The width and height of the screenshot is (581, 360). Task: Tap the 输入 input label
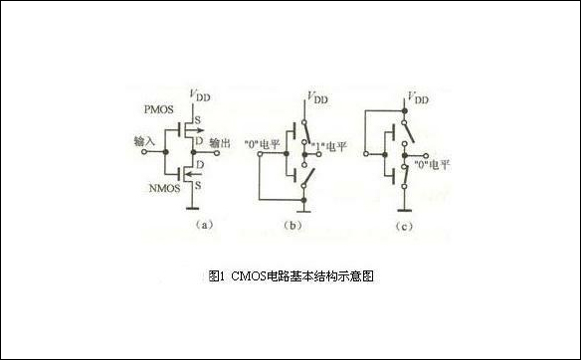143,142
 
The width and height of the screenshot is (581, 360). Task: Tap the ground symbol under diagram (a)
189,209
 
